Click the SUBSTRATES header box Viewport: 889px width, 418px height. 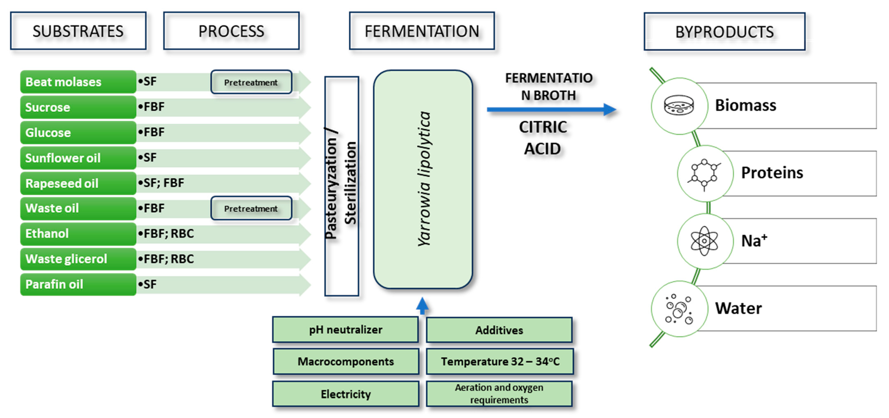pos(78,31)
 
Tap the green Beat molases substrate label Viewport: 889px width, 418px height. pos(78,82)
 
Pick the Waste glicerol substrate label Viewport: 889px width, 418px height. pos(78,259)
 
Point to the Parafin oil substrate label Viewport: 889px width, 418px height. pos(78,284)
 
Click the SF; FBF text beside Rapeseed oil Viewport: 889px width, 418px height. pos(161,183)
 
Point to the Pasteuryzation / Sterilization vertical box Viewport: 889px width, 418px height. pos(341,186)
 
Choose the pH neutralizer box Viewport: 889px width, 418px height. pos(345,330)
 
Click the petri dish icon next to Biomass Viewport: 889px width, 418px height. pos(679,105)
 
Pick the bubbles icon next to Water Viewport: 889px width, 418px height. pos(679,309)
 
